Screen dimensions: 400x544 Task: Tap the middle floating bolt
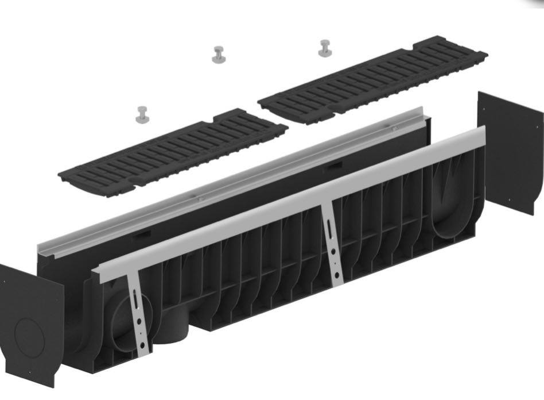[x=219, y=55]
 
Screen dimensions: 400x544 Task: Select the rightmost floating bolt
[x=325, y=48]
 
